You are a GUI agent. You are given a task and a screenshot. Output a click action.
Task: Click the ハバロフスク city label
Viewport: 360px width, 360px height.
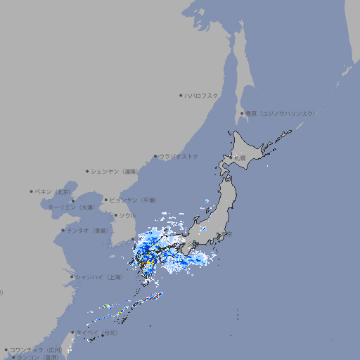(x=202, y=95)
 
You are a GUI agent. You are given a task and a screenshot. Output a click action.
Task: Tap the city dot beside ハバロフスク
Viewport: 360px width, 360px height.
(x=181, y=95)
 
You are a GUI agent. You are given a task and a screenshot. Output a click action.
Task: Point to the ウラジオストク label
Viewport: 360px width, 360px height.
(x=179, y=156)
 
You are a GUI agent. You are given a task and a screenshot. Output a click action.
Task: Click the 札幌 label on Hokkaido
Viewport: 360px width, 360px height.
(x=240, y=157)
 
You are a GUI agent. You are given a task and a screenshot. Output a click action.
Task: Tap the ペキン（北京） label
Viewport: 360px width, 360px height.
(x=54, y=191)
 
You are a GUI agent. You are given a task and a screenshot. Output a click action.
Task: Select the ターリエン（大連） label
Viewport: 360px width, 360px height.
(x=71, y=207)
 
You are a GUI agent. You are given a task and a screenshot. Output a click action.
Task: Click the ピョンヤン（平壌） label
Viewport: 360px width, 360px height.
(x=134, y=200)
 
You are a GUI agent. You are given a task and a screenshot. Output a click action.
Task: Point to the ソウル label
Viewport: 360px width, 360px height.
(x=127, y=215)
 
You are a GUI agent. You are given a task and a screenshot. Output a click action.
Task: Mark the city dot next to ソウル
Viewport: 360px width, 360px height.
(x=115, y=215)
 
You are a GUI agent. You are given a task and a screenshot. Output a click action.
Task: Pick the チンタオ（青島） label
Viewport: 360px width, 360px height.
(x=88, y=230)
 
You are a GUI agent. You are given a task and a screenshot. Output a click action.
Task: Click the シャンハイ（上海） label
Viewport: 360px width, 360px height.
(x=98, y=277)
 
